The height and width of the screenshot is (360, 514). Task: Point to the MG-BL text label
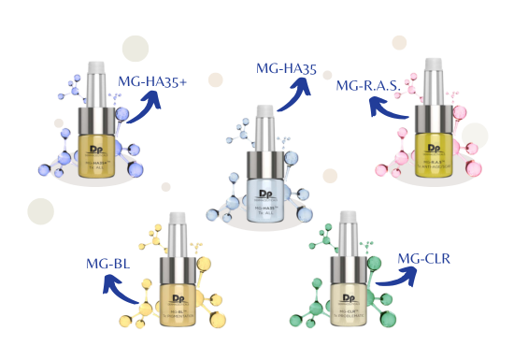point(107,265)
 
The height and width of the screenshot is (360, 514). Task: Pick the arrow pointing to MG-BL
point(124,296)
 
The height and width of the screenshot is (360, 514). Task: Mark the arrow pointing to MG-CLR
point(397,278)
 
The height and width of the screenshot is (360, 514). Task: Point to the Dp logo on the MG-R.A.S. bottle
point(434,141)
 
